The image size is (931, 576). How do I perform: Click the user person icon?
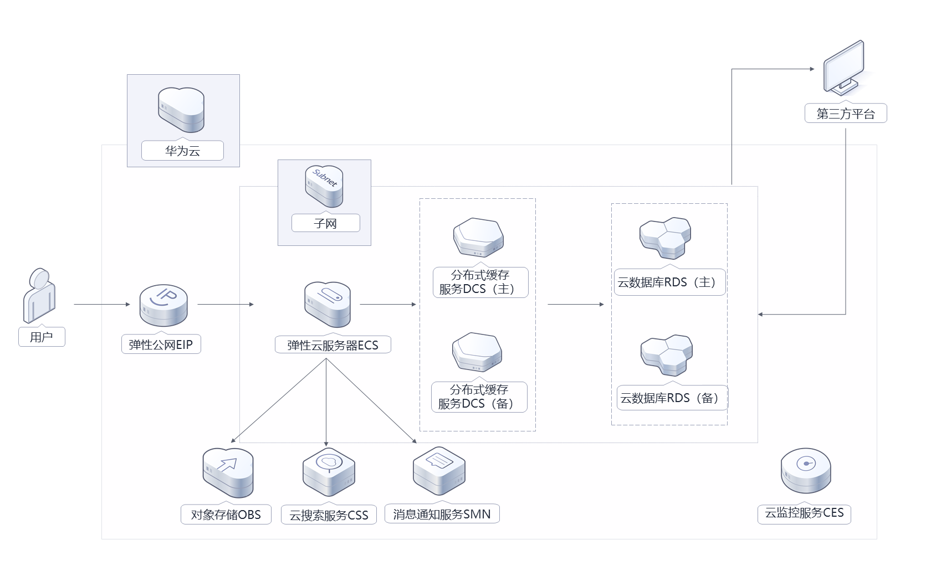[39, 296]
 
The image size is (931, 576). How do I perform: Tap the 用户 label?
[42, 337]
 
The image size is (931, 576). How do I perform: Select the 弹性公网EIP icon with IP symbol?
[163, 305]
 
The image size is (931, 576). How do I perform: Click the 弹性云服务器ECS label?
[332, 345]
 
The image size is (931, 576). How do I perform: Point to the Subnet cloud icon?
[324, 186]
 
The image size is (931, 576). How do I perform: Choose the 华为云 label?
[182, 151]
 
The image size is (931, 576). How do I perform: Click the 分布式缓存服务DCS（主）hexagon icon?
[478, 238]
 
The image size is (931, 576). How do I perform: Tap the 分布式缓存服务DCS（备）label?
[479, 397]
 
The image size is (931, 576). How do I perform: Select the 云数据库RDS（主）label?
[669, 282]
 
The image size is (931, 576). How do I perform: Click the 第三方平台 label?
[846, 114]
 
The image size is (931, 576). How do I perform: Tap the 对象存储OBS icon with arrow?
[228, 472]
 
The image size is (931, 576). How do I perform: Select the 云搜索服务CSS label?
[329, 515]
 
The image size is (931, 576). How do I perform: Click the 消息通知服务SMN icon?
[439, 471]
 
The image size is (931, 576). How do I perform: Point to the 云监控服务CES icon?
[806, 471]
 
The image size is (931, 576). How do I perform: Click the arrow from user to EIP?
[102, 304]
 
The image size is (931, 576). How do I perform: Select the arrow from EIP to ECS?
[225, 304]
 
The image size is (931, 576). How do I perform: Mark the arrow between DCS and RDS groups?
[575, 304]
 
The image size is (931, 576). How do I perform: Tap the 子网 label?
[325, 224]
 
